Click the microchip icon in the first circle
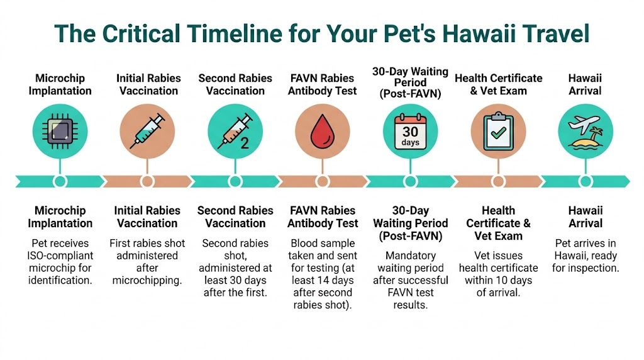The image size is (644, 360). (60, 132)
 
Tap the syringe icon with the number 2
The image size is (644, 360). (235, 132)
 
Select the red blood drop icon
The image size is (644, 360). (323, 132)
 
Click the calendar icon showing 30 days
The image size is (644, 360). (410, 132)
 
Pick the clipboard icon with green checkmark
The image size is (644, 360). (498, 132)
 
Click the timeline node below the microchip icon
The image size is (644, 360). (60, 181)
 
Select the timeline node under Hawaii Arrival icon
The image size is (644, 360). (586, 181)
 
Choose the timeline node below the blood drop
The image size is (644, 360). (323, 181)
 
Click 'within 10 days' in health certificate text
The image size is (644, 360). (498, 280)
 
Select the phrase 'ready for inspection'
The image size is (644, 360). (586, 262)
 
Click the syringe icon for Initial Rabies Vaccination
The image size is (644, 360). (147, 132)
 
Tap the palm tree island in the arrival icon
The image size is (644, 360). (593, 138)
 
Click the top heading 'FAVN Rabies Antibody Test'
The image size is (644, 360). (323, 84)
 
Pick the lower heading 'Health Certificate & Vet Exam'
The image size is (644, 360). (498, 223)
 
